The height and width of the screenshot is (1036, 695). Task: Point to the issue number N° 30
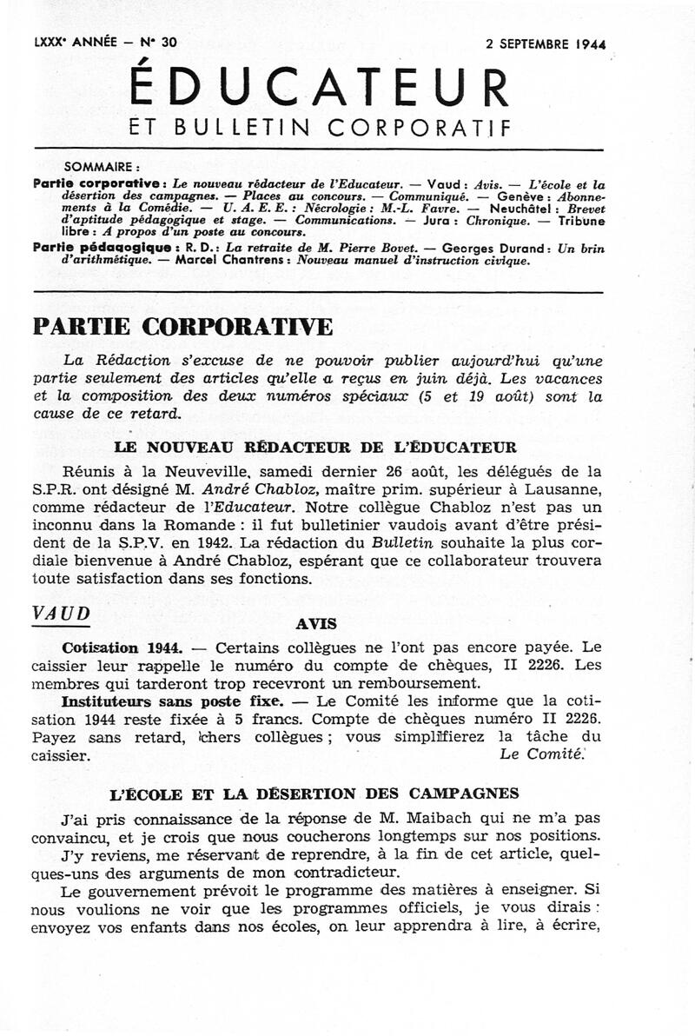pos(157,42)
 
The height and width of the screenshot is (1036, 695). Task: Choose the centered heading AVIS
pos(315,624)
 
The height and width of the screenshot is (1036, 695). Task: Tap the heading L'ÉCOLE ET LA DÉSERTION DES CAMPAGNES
pos(315,793)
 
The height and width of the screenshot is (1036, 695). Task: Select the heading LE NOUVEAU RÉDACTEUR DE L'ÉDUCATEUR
pos(315,448)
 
